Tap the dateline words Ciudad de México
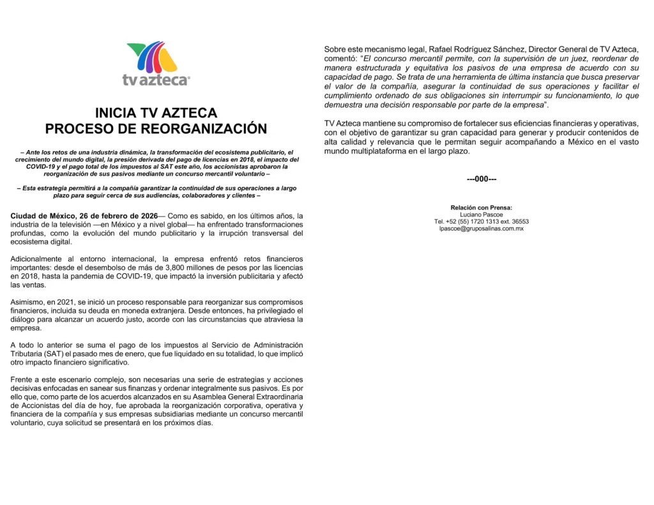[x=42, y=216]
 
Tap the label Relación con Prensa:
[x=481, y=207]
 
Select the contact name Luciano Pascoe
[x=481, y=215]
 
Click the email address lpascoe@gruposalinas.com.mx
[x=481, y=229]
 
